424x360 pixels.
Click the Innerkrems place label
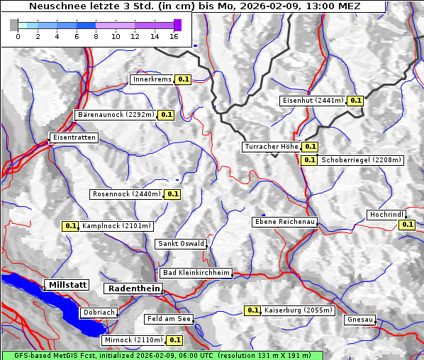[152, 79]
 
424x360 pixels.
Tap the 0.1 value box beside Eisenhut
[356, 101]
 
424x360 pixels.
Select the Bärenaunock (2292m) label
[115, 114]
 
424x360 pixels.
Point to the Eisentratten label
[73, 137]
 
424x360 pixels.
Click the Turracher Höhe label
[271, 147]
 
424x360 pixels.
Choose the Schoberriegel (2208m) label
[362, 160]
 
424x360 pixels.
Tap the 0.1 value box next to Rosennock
[173, 194]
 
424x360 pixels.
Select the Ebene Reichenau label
[285, 222]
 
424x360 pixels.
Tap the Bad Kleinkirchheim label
[196, 273]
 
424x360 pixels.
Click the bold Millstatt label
[67, 285]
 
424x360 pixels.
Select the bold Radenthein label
[133, 288]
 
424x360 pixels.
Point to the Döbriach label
[99, 312]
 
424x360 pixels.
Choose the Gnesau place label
[359, 320]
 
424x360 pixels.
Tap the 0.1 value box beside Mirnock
[174, 340]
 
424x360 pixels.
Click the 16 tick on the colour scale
[174, 35]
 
